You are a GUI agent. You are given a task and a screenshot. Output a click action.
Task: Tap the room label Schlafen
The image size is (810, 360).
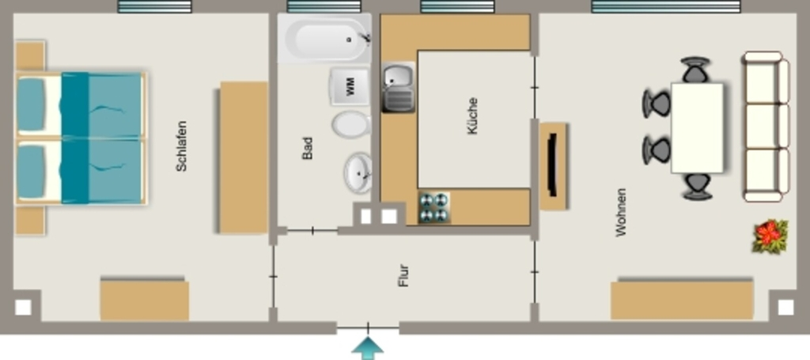(181, 146)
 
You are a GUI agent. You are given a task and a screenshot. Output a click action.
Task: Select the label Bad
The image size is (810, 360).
(308, 148)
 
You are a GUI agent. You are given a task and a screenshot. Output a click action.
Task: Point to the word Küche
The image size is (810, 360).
(472, 116)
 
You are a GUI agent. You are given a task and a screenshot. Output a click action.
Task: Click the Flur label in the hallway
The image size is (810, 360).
(404, 275)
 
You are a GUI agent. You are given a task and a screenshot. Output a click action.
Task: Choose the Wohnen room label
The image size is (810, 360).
(621, 212)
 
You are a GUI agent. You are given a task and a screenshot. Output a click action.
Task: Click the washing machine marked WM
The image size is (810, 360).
(350, 86)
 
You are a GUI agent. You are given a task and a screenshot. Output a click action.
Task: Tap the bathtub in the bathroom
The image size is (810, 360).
(324, 40)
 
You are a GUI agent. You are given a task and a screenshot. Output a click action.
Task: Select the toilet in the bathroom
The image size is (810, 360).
(351, 124)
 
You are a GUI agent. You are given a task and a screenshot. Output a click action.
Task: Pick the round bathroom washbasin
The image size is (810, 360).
(358, 172)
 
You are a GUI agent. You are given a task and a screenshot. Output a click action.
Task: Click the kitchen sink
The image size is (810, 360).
(399, 87)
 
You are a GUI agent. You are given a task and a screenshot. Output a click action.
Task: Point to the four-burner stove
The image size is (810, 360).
(433, 207)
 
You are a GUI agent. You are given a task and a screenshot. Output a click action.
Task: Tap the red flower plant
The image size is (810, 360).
(770, 236)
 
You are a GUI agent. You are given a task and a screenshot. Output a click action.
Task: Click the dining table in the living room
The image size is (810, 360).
(697, 127)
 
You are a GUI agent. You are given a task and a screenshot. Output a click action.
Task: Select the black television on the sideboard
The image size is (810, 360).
(552, 165)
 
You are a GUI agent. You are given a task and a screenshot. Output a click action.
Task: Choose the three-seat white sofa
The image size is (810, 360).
(766, 127)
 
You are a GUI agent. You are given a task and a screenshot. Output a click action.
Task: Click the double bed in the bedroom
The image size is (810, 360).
(81, 138)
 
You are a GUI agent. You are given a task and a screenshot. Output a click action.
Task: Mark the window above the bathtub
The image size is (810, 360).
(324, 6)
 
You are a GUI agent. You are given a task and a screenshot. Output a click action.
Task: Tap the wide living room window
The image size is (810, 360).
(666, 6)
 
